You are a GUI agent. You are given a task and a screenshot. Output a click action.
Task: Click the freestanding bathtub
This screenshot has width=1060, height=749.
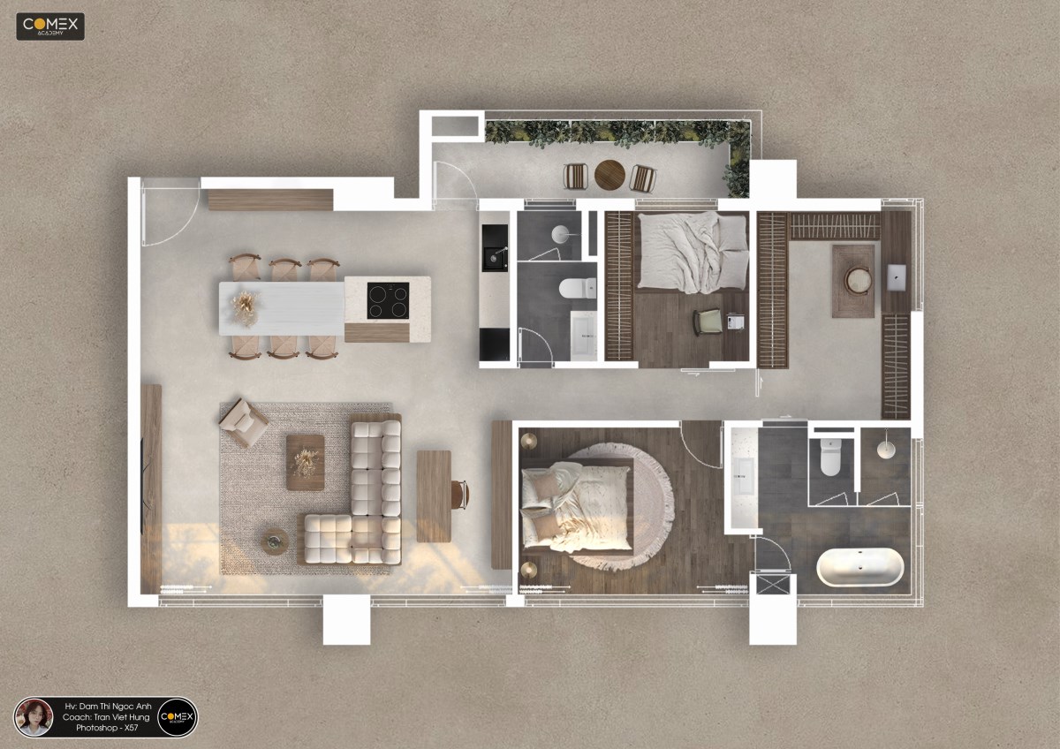[x=859, y=567]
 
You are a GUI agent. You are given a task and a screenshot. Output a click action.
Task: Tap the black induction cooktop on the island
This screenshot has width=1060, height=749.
[x=388, y=300]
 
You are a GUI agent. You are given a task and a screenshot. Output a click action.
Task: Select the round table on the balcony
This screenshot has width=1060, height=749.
[x=609, y=175]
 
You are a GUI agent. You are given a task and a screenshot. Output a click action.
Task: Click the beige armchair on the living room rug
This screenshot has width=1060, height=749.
[x=243, y=422]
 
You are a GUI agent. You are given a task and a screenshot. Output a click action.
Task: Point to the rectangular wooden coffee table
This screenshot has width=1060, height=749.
[x=306, y=462]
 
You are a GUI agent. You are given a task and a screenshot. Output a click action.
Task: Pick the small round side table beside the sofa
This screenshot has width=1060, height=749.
[x=275, y=541]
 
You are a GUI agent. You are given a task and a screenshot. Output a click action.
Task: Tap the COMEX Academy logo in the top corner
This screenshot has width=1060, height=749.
[x=50, y=26]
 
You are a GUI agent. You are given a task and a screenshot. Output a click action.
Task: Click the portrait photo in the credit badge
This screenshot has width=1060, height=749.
[x=34, y=717]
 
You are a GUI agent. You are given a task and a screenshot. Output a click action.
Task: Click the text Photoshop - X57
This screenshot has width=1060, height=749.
[x=107, y=728]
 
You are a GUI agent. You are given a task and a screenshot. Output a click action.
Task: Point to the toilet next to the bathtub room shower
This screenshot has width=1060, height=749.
[x=830, y=457]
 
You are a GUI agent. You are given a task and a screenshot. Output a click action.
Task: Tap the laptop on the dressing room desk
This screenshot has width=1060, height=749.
[x=897, y=277]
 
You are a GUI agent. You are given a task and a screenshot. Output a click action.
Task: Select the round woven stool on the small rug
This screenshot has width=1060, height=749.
[x=858, y=281]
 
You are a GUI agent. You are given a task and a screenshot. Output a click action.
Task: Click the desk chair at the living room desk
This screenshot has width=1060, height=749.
[x=459, y=495]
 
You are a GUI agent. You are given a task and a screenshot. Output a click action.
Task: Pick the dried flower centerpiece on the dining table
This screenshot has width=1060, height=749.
[x=246, y=308]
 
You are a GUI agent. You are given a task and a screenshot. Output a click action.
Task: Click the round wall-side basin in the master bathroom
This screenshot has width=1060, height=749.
[x=886, y=448]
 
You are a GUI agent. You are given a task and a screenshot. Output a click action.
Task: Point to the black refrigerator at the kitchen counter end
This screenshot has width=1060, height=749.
[x=495, y=344]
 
